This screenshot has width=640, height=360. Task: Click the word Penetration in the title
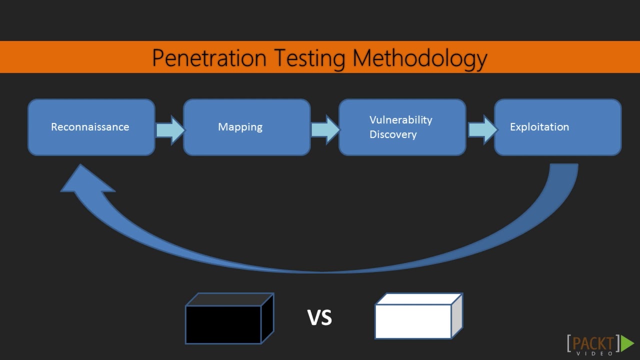tap(209, 58)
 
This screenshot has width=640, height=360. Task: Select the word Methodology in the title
tap(419, 58)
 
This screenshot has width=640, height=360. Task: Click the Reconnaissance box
tap(91, 127)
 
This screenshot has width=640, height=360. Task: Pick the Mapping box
tap(246, 127)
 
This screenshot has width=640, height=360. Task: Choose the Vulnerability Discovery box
tap(402, 127)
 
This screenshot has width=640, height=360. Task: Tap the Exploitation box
tap(557, 127)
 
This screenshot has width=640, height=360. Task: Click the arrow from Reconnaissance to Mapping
tap(170, 130)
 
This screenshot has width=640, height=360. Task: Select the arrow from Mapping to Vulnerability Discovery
tap(325, 130)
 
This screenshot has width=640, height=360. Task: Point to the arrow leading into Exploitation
tap(482, 130)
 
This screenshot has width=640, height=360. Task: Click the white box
tap(413, 321)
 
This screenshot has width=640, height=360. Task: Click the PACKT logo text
tap(593, 343)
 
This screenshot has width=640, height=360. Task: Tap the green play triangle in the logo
tap(627, 343)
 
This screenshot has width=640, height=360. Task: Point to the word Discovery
tap(393, 134)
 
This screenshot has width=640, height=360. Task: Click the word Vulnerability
tap(400, 120)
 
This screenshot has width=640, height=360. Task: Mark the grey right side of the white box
tap(456, 316)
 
